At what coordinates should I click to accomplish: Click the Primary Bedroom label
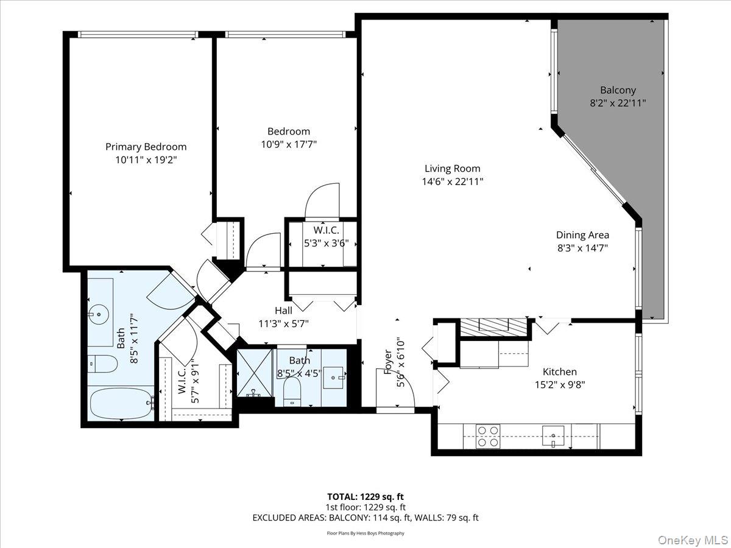pyautogui.click(x=146, y=147)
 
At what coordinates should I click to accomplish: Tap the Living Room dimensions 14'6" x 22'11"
pyautogui.click(x=452, y=181)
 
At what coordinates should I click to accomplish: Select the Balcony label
pyautogui.click(x=618, y=90)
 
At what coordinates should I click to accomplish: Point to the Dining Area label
pyautogui.click(x=582, y=235)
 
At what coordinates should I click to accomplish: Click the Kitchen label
pyautogui.click(x=560, y=371)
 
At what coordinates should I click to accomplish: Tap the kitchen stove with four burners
pyautogui.click(x=487, y=436)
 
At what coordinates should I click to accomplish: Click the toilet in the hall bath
pyautogui.click(x=293, y=390)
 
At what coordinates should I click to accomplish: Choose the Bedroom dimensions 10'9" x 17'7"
pyautogui.click(x=288, y=144)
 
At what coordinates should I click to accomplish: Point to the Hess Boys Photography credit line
pyautogui.click(x=365, y=533)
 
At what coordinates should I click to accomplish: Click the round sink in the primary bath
pyautogui.click(x=97, y=315)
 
